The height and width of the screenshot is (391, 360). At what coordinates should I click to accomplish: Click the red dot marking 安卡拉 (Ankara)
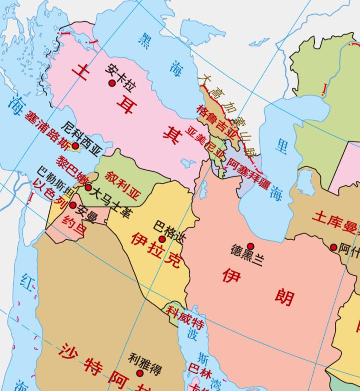click(x=112, y=83)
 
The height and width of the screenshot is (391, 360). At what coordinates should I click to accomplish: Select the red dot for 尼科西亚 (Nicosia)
click(x=75, y=146)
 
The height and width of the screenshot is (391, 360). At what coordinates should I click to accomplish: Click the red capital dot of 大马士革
click(x=89, y=188)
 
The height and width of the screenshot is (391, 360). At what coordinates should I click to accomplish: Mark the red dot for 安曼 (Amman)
click(x=73, y=205)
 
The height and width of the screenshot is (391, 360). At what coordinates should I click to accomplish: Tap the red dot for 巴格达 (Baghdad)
click(x=162, y=239)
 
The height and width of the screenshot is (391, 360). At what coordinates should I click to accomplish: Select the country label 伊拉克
click(x=155, y=253)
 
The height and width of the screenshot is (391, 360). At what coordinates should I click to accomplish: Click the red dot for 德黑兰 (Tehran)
click(x=251, y=246)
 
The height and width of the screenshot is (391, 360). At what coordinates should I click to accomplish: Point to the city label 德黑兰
click(x=247, y=256)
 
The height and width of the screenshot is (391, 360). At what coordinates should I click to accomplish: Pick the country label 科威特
click(x=185, y=317)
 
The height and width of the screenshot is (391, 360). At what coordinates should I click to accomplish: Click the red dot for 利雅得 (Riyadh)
click(x=140, y=373)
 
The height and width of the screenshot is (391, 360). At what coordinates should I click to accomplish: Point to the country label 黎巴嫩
click(x=72, y=170)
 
